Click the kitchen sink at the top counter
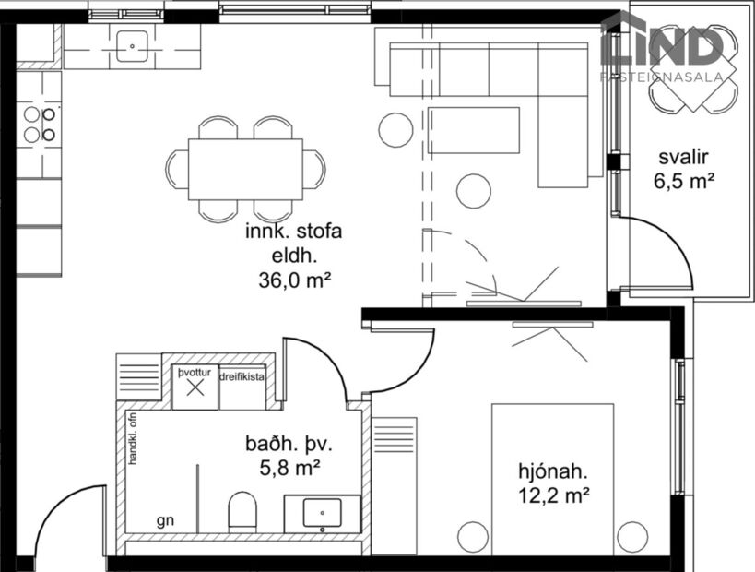click(x=133, y=45)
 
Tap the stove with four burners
click(x=40, y=125)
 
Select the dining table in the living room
click(x=245, y=169)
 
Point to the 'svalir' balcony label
click(x=683, y=156)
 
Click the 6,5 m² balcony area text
click(x=684, y=181)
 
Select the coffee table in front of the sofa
click(x=474, y=130)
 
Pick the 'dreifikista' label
click(x=243, y=377)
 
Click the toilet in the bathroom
click(x=242, y=511)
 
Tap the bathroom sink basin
click(x=323, y=512)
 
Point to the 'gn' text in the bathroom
click(x=165, y=521)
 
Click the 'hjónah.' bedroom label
click(x=552, y=472)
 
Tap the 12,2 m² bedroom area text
click(x=553, y=496)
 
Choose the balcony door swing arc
click(x=674, y=249)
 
